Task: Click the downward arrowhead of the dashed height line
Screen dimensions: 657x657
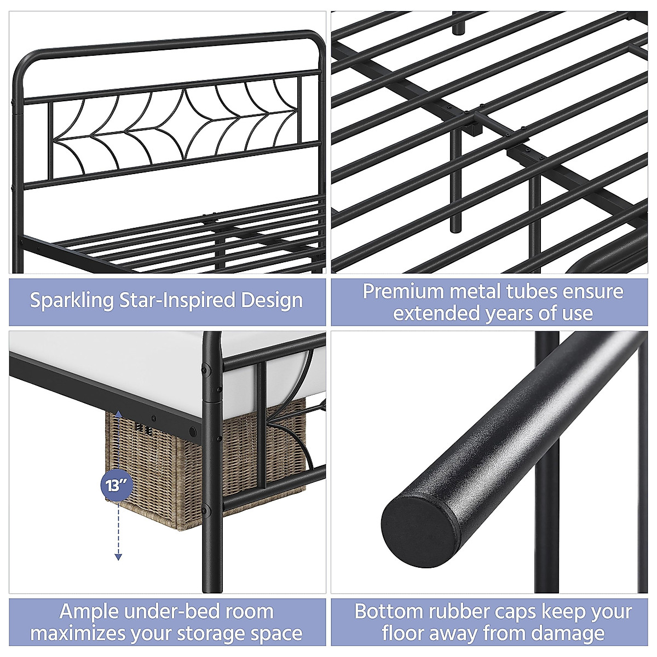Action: click(x=118, y=557)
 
